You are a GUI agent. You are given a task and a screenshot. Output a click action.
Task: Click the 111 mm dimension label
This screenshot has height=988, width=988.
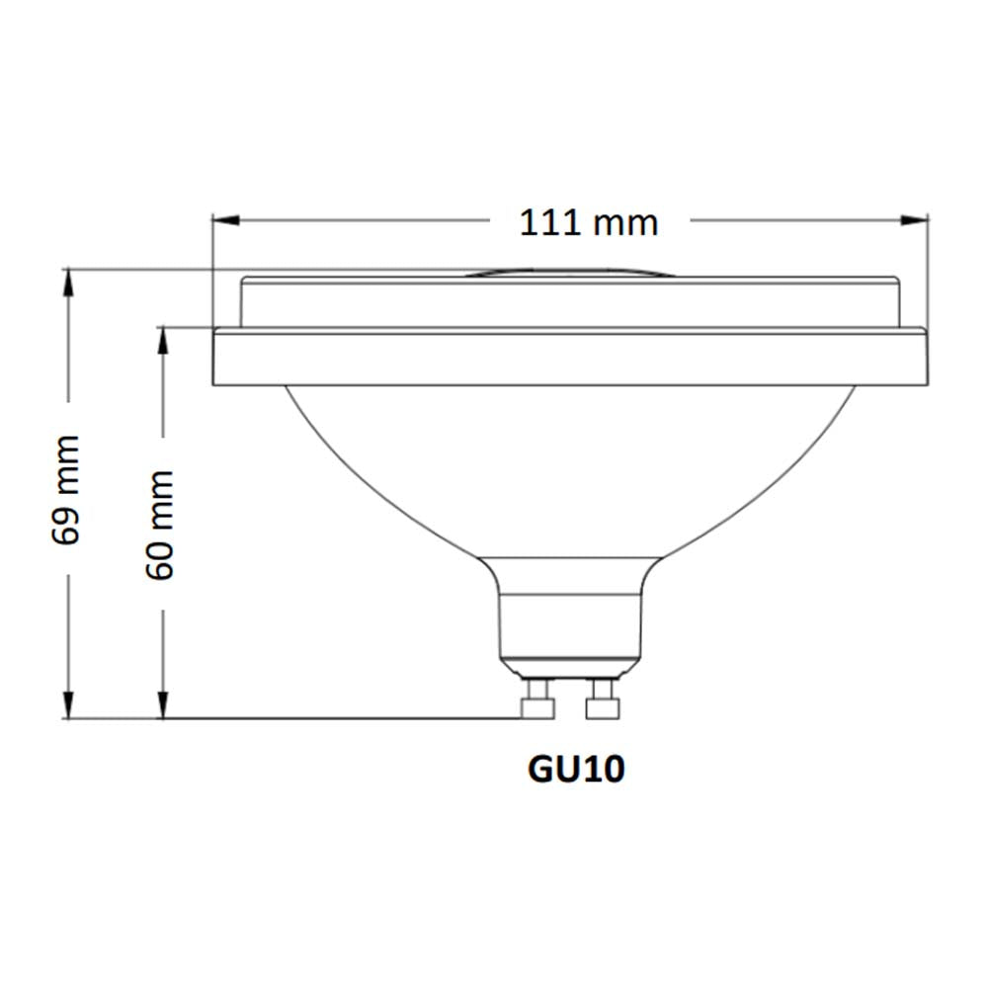[589, 222]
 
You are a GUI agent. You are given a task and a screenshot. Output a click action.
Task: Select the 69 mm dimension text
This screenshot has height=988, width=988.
[67, 489]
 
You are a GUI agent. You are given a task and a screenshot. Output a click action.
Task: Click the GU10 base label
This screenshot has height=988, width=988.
[576, 769]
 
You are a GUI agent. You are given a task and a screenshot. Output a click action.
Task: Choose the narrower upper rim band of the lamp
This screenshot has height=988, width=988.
[570, 302]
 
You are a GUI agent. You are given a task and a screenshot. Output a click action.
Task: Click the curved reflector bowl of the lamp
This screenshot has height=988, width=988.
[570, 464]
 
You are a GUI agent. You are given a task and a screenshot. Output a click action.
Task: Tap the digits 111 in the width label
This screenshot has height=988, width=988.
[549, 222]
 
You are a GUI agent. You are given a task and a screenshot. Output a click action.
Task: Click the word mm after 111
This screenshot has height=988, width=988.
[626, 224]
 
